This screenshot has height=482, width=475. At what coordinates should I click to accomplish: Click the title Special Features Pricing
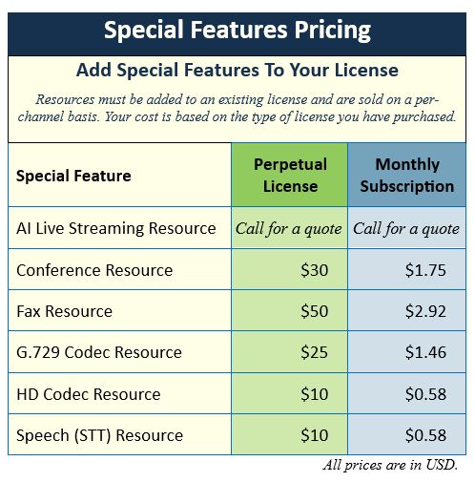237,31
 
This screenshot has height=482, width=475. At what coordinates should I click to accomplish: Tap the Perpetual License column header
290,175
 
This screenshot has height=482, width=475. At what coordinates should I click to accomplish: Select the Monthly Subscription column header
407,175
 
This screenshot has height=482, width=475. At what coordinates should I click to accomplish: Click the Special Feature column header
73,176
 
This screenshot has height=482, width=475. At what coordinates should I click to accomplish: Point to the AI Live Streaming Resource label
116,228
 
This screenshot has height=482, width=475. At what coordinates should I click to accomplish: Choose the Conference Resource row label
94,270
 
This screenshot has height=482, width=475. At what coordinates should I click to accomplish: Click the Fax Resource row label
64,311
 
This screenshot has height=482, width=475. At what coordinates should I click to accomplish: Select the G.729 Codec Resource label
99,352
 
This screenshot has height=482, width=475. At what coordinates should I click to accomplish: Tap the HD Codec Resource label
89,394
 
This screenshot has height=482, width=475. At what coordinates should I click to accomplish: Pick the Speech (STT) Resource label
99,435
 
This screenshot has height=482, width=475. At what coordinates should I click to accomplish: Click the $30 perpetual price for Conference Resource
314,270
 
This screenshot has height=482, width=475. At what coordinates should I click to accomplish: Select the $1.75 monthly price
425,270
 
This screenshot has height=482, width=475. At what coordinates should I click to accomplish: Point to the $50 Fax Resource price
314,311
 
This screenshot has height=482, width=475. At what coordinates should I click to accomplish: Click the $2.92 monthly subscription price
425,311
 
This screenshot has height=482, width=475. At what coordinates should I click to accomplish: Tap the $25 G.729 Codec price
314,352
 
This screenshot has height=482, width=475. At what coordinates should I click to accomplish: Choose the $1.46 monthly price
425,352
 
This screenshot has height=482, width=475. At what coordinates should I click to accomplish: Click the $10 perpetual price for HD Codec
314,394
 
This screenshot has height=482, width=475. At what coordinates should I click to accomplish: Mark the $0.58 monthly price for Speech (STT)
425,435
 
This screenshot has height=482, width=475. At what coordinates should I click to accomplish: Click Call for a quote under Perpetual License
289,229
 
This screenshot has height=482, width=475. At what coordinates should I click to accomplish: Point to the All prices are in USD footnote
390,465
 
